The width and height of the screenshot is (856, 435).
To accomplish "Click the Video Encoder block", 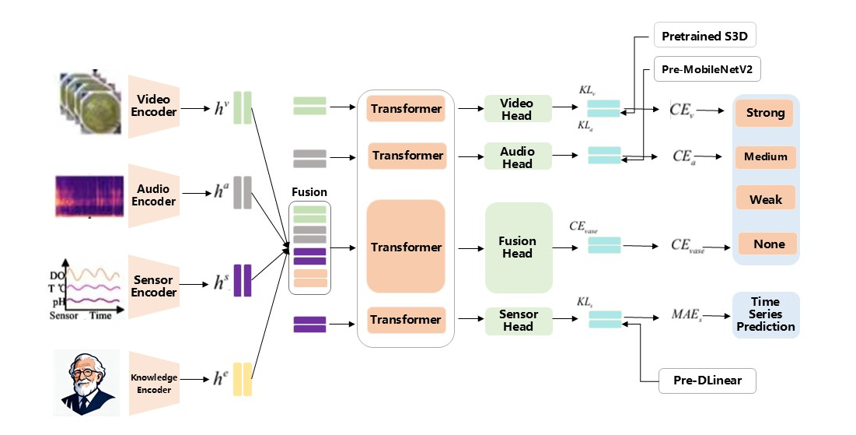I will click(154, 107).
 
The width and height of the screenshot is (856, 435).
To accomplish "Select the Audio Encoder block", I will click(154, 195).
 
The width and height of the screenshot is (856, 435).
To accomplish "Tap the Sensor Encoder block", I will click(154, 286).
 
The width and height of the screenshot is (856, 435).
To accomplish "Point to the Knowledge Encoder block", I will click(154, 383).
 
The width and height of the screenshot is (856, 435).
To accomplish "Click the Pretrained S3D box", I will click(704, 36).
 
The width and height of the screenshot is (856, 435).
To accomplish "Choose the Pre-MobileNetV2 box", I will click(708, 69).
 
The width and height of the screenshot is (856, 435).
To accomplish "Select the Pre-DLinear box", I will click(707, 381).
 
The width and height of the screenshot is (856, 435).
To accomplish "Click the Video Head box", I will click(517, 109).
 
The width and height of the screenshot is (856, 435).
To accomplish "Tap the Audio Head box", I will click(517, 156).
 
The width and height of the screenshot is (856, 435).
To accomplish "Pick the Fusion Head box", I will click(518, 247).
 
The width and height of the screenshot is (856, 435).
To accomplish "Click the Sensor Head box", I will click(518, 320).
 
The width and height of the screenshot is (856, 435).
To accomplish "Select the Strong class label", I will click(765, 113).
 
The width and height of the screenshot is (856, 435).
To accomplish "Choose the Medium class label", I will click(766, 156).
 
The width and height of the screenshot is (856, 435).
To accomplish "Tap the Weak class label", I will click(766, 199).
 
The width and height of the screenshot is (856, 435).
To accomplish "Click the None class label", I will click(768, 244).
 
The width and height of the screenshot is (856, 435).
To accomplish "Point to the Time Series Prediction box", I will click(766, 314).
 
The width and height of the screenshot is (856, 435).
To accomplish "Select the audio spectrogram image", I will click(88, 196).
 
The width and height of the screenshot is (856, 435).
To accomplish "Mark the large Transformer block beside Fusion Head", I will click(406, 247).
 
